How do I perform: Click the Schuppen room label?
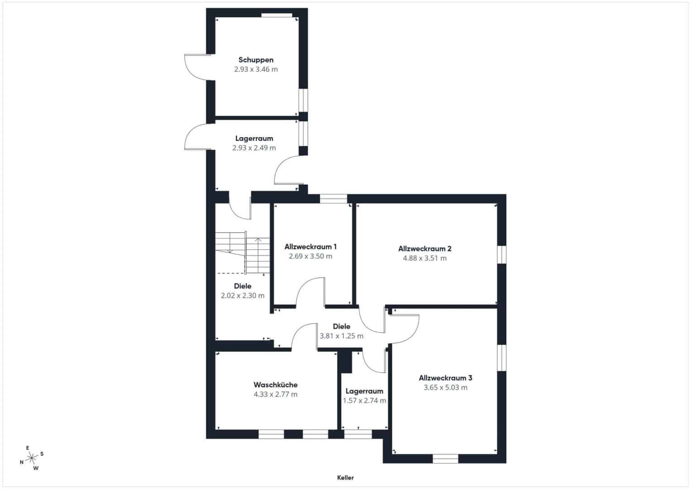(x=256, y=60)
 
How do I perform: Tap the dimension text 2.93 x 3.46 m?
(x=256, y=69)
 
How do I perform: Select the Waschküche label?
(x=276, y=385)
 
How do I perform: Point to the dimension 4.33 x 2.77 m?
(x=276, y=394)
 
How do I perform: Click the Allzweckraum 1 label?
(x=310, y=247)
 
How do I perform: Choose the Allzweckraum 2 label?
(x=424, y=249)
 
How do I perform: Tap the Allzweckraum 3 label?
(x=445, y=378)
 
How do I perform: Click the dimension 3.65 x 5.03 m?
(x=445, y=388)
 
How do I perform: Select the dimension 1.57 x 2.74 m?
(x=364, y=401)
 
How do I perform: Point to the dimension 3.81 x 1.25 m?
(x=341, y=336)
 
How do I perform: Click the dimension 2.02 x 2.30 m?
(x=243, y=295)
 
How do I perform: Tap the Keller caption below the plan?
(x=345, y=478)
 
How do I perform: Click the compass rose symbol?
(x=32, y=458)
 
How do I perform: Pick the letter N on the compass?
(x=22, y=462)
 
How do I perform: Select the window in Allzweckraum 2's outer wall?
(x=502, y=254)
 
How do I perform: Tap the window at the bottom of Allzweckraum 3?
(x=445, y=459)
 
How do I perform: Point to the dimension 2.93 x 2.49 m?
(x=254, y=148)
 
